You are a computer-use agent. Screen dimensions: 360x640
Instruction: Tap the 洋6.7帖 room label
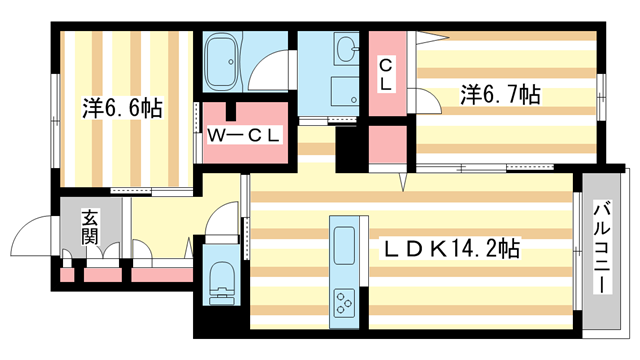coord(500,95)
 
